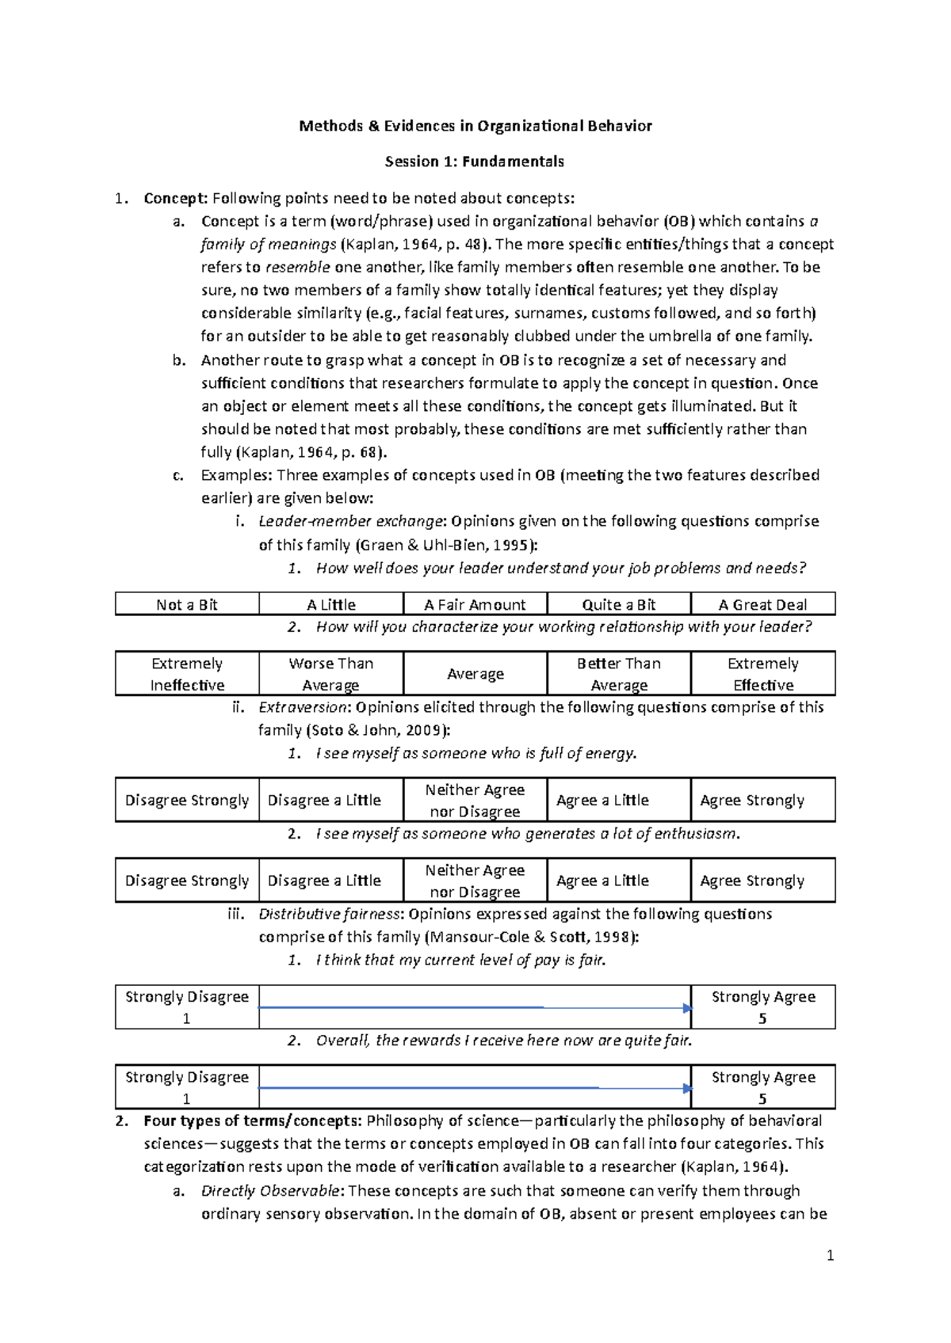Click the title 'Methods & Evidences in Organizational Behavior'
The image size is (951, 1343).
tap(475, 126)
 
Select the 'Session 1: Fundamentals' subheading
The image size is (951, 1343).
tap(475, 162)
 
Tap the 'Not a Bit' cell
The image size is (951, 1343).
tap(187, 605)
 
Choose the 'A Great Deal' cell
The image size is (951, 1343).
tap(762, 605)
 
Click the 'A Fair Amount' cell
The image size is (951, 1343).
tap(475, 605)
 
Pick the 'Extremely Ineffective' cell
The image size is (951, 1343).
tap(187, 674)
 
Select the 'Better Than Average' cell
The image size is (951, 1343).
tap(619, 674)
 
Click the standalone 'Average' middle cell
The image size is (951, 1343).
tap(475, 674)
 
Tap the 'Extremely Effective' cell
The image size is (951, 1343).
tap(762, 674)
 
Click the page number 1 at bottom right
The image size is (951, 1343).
tap(830, 1255)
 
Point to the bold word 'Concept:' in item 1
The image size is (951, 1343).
tap(175, 198)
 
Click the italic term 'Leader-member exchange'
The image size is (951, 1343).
tap(350, 522)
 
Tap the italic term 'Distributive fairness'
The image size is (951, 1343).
tap(330, 914)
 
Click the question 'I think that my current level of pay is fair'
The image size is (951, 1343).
tap(460, 961)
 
